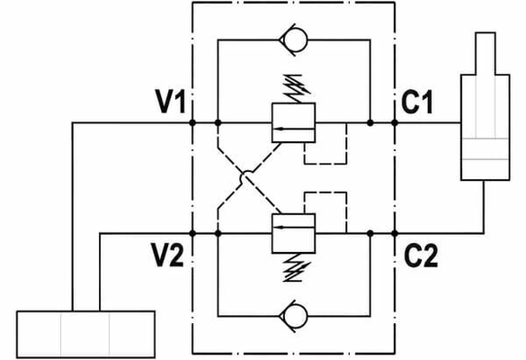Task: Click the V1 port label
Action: click(x=170, y=101)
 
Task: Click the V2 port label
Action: click(x=167, y=255)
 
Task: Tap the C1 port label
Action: click(x=416, y=102)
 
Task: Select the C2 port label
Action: click(x=421, y=256)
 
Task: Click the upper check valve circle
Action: click(x=295, y=40)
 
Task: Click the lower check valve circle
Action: click(x=295, y=316)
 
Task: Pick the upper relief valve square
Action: click(x=293, y=122)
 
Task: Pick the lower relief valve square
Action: click(x=293, y=233)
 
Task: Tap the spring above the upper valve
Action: click(x=297, y=88)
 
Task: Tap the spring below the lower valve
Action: click(x=297, y=267)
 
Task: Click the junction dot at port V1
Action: click(x=192, y=123)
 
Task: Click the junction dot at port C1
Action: click(x=395, y=123)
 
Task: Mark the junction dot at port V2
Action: click(x=192, y=233)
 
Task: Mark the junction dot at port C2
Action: click(x=395, y=233)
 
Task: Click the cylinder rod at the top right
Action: click(x=486, y=54)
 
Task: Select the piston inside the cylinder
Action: click(x=486, y=148)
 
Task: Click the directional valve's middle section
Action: click(x=85, y=335)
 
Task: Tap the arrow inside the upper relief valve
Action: click(x=293, y=129)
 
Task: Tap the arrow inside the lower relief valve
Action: click(x=293, y=228)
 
